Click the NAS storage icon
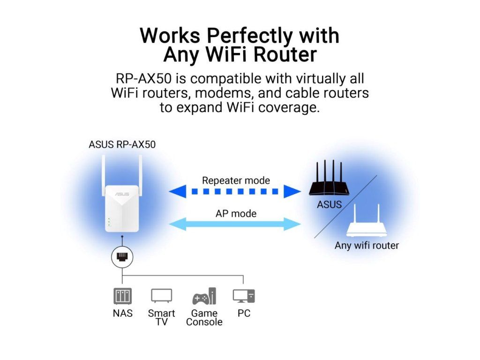pyautogui.click(x=122, y=296)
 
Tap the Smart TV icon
pyautogui.click(x=162, y=296)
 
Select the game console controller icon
pyautogui.click(x=204, y=296)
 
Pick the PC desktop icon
pyautogui.click(x=244, y=296)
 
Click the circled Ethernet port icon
pyautogui.click(x=122, y=257)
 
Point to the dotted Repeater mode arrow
pyautogui.click(x=235, y=192)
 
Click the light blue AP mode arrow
pyautogui.click(x=235, y=224)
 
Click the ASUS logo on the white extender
pyautogui.click(x=122, y=194)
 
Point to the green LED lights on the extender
pyautogui.click(x=109, y=222)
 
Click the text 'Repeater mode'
pyautogui.click(x=236, y=180)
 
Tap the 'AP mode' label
pyautogui.click(x=236, y=213)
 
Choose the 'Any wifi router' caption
pyautogui.click(x=367, y=246)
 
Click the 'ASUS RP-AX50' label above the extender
pyautogui.click(x=122, y=144)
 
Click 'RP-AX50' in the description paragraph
pyautogui.click(x=143, y=79)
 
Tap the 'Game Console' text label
pyautogui.click(x=204, y=317)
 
